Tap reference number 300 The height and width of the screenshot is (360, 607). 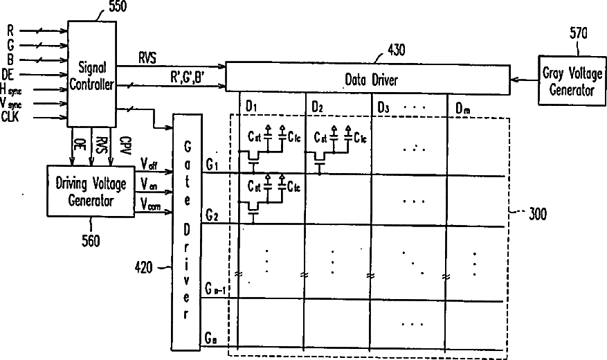click(x=537, y=215)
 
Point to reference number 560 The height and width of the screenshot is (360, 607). click(x=90, y=242)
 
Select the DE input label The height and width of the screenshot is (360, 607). click(x=10, y=74)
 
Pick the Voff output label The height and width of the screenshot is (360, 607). click(x=149, y=164)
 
